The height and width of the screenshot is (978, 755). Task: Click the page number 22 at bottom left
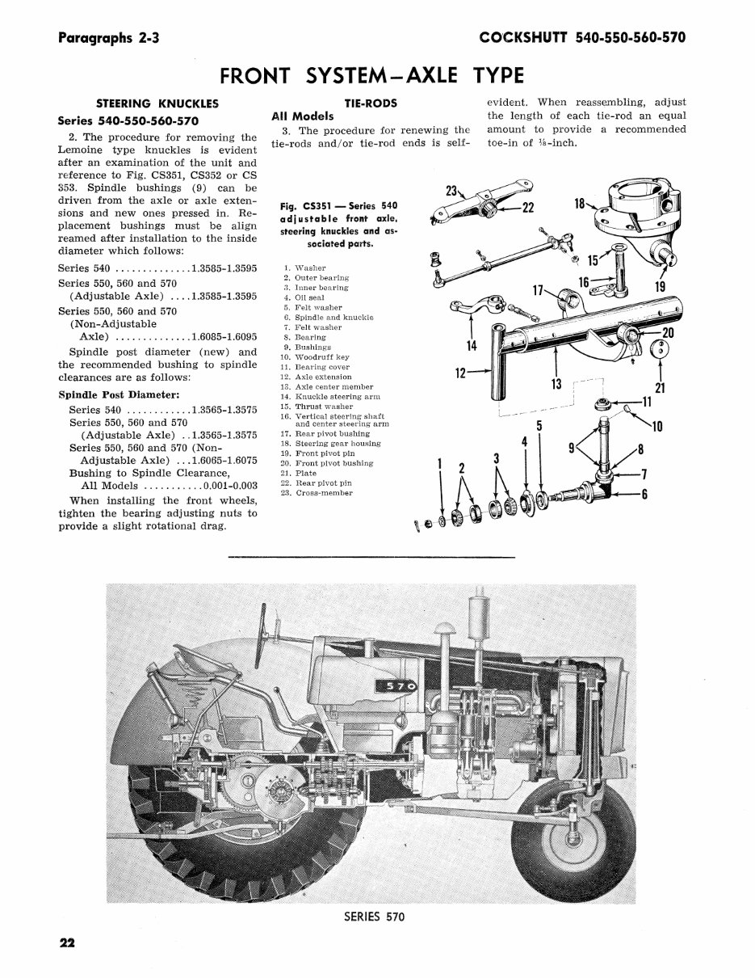[x=66, y=943]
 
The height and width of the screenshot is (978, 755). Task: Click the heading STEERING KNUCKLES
[x=157, y=103]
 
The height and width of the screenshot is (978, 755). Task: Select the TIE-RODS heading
[x=370, y=103]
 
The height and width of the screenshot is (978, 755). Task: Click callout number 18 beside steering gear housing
[x=580, y=204]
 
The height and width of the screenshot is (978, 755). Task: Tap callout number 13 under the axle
[x=556, y=385]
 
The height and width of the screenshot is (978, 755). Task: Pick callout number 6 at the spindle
[x=644, y=495]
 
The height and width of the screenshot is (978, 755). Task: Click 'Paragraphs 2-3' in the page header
[x=108, y=38]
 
